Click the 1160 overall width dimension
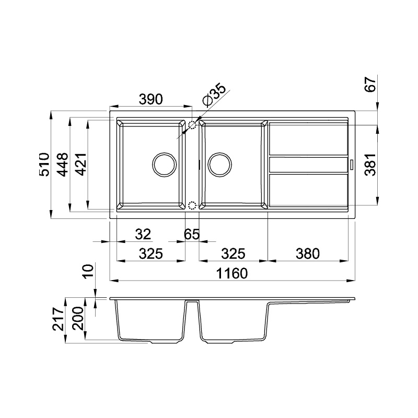233,273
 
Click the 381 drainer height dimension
370,166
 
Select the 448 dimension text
62,164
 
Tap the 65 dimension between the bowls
192,234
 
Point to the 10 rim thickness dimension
88,271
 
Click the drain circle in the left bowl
164,165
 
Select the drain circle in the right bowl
219,165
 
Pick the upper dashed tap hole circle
192,125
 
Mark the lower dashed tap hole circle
192,205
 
